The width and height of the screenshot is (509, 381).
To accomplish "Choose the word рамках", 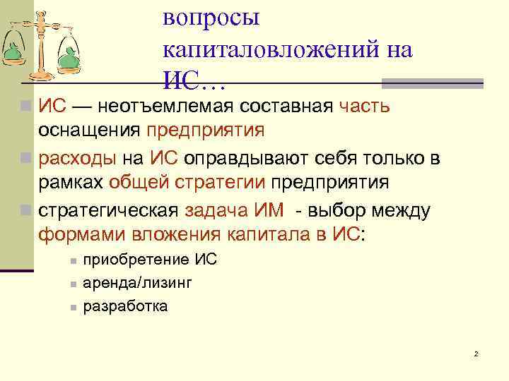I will pos(71,183).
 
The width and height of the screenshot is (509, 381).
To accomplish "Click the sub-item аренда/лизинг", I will pos(136,283).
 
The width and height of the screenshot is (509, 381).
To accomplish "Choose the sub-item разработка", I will pos(125,306).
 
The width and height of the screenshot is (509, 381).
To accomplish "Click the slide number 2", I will pos(476,353).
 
